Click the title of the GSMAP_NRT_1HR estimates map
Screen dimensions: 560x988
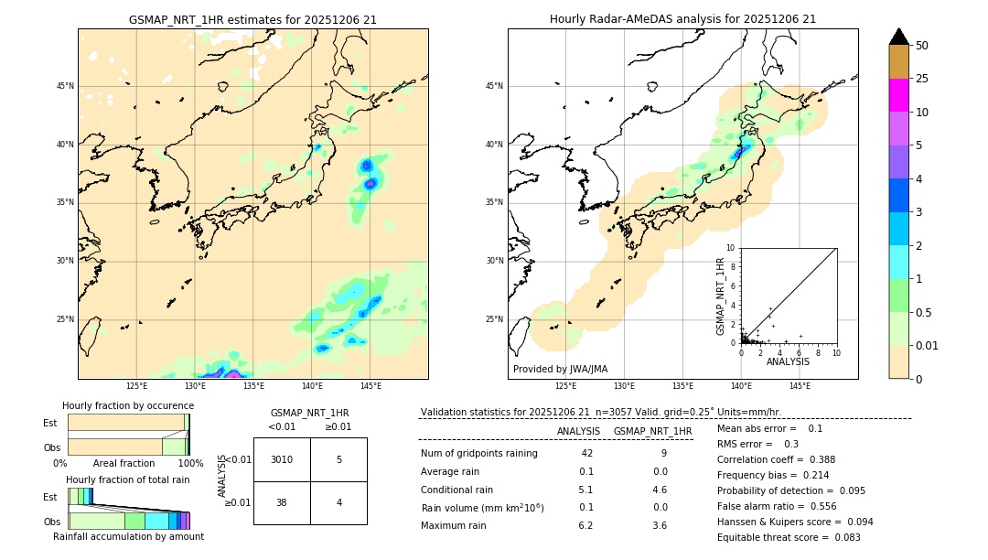[252, 19]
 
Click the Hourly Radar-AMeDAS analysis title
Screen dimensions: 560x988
[682, 19]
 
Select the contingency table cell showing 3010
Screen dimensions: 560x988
[282, 459]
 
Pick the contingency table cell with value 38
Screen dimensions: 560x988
[282, 502]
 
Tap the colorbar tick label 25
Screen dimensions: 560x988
[922, 79]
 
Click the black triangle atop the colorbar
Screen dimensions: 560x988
[899, 37]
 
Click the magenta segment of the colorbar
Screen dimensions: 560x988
[899, 95]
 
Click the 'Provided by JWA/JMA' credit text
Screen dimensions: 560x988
[560, 370]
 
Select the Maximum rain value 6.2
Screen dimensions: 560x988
[585, 525]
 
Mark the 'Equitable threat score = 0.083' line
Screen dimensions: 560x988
[789, 537]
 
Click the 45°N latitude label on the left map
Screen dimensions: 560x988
[65, 86]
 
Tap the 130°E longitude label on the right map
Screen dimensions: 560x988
[625, 386]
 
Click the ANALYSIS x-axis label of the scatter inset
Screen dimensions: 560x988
[788, 362]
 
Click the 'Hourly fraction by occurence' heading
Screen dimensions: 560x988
[128, 405]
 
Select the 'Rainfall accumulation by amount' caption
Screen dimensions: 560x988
[128, 536]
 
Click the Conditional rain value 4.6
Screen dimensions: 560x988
[659, 490]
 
